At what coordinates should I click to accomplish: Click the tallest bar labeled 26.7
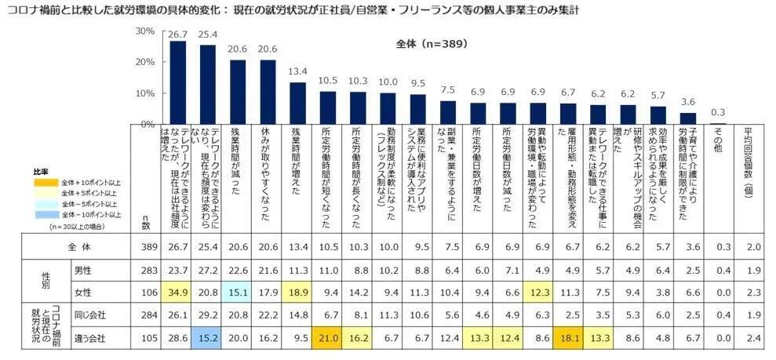click(178, 82)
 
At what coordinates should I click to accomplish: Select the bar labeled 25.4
click(208, 85)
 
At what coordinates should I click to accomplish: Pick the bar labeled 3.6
click(688, 118)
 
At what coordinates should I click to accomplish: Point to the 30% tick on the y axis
click(144, 31)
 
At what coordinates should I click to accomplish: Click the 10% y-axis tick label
click(144, 93)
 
